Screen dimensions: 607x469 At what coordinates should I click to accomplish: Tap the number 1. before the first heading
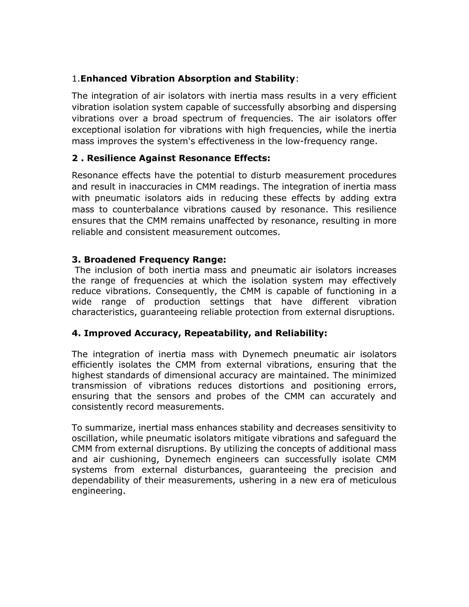click(76, 79)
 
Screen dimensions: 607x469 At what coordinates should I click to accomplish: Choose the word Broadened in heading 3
click(110, 260)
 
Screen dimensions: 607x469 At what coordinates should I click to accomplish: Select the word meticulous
click(373, 480)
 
